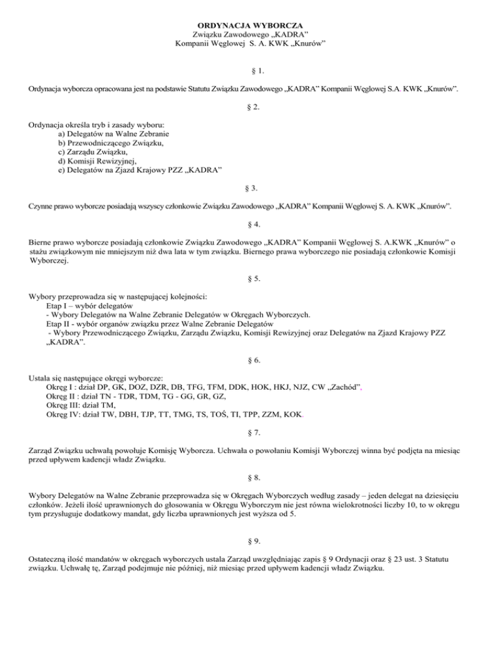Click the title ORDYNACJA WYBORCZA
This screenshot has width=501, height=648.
(x=251, y=24)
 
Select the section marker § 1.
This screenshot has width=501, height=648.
(x=251, y=68)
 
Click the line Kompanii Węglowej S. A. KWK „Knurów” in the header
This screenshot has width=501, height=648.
(x=251, y=43)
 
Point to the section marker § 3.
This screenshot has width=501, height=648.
(x=251, y=188)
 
